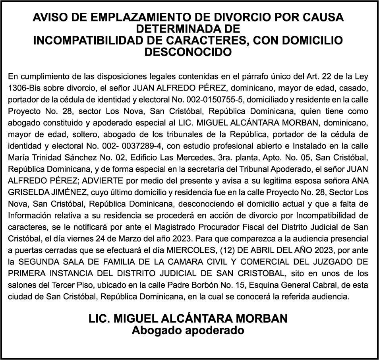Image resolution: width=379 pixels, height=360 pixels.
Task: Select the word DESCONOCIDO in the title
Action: click(x=188, y=52)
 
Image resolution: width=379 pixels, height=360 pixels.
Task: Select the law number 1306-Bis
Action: click(x=22, y=87)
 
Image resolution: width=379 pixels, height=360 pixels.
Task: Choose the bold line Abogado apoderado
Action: click(x=188, y=330)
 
